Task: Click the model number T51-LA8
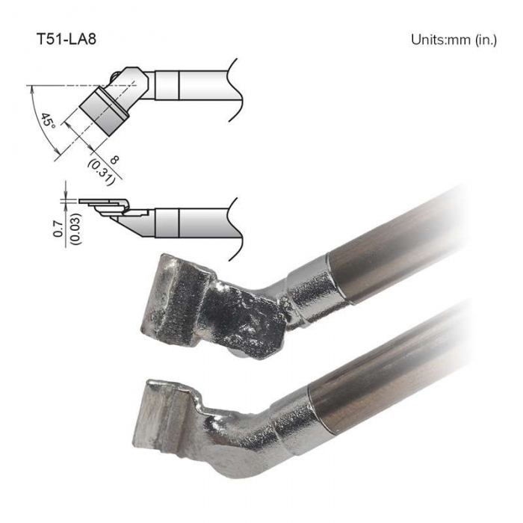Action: tap(66, 39)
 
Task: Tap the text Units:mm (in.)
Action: tap(454, 40)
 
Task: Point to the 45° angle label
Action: tap(48, 121)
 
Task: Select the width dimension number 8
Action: tap(114, 160)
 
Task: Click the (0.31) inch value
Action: tap(102, 172)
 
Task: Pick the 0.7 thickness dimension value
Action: tap(58, 229)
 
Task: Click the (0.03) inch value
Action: tap(76, 229)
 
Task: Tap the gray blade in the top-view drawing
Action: tap(104, 111)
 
